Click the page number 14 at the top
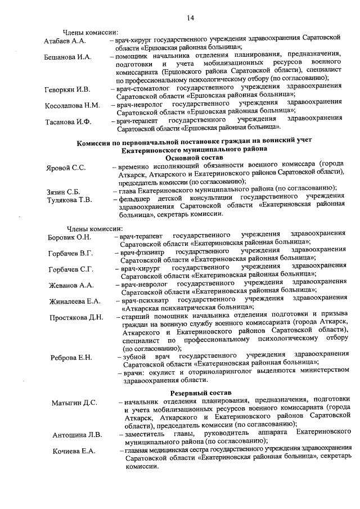[x=190, y=19]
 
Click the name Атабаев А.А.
[x=65, y=42]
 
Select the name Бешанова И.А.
[x=67, y=57]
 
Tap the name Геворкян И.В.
[x=67, y=89]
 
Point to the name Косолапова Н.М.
[x=73, y=105]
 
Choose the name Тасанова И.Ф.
[x=67, y=121]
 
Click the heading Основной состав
[x=193, y=158]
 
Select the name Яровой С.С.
[x=66, y=168]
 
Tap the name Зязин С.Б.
[x=63, y=191]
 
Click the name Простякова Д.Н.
[x=76, y=317]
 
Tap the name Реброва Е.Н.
[x=71, y=357]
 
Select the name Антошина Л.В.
[x=77, y=435]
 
